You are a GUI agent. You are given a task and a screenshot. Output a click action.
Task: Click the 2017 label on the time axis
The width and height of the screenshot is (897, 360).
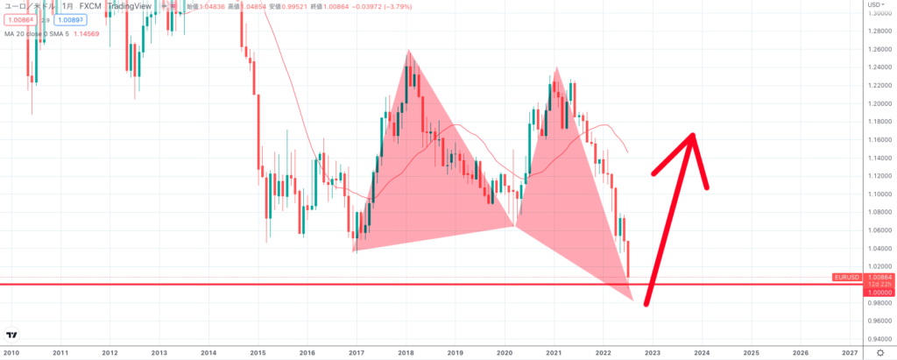[x=356, y=352]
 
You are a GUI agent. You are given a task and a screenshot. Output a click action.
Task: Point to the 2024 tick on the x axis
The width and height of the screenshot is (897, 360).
[x=701, y=352]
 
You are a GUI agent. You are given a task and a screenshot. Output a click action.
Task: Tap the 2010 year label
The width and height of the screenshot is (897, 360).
[x=11, y=352]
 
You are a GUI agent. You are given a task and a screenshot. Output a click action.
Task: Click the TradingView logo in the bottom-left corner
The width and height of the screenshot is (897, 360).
[x=12, y=335]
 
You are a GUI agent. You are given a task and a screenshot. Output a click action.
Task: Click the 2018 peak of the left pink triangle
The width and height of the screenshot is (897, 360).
[x=407, y=51]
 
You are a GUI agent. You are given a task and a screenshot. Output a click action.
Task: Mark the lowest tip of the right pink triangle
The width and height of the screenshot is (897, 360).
[x=632, y=299]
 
